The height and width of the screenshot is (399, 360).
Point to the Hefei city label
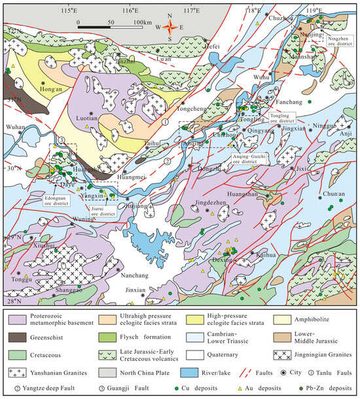pyautogui.click(x=190, y=29)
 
